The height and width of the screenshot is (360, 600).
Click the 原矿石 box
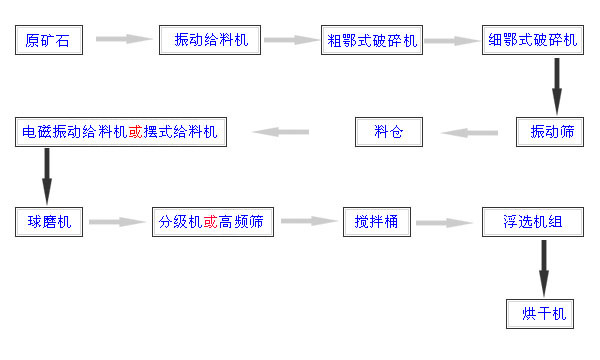click(x=47, y=41)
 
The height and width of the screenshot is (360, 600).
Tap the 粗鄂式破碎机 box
click(x=373, y=41)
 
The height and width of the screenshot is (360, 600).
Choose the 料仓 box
click(x=389, y=132)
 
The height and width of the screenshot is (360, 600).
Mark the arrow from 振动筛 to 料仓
click(x=471, y=132)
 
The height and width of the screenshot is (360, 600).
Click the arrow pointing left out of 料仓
click(x=281, y=132)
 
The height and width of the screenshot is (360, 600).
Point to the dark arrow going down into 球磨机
click(x=46, y=177)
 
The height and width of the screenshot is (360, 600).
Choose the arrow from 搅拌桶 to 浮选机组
click(x=444, y=222)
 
